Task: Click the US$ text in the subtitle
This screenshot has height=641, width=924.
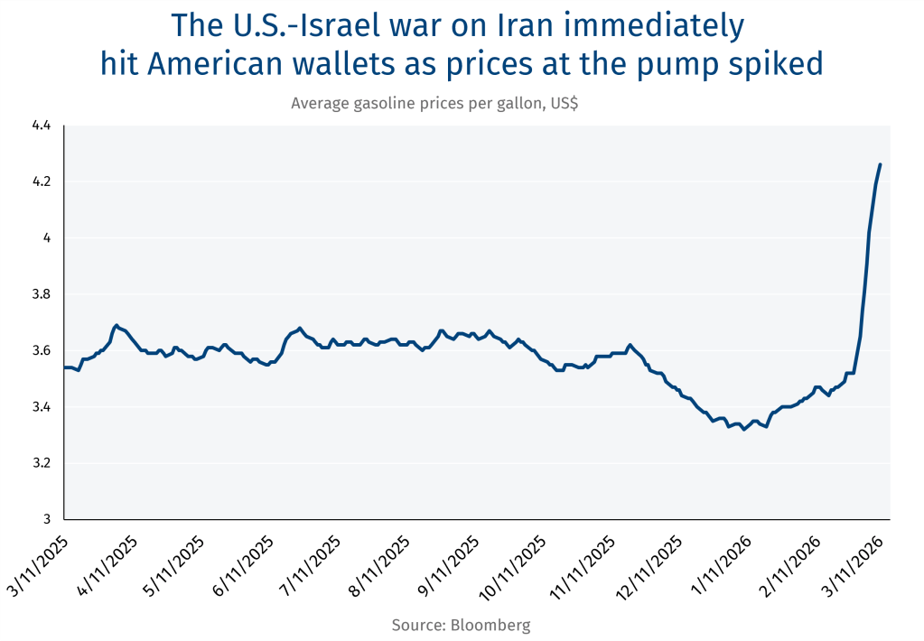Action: (560, 103)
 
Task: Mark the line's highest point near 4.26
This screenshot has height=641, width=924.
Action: (881, 164)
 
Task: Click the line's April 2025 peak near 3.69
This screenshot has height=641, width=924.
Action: (116, 325)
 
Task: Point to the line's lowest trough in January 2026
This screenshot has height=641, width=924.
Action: (743, 429)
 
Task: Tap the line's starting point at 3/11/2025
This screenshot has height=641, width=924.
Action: (64, 367)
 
